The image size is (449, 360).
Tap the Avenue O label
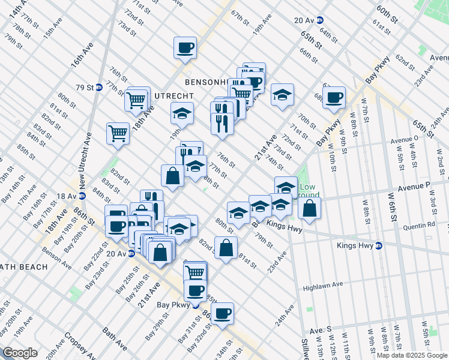coord(403,139)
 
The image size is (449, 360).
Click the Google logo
coord(20,353)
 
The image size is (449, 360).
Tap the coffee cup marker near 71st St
coord(185,47)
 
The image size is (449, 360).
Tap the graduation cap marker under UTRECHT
coord(182,113)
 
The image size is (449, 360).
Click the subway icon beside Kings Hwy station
coord(379,245)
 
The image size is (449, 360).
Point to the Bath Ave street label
coord(114,338)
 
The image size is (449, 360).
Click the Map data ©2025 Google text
coord(412,355)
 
